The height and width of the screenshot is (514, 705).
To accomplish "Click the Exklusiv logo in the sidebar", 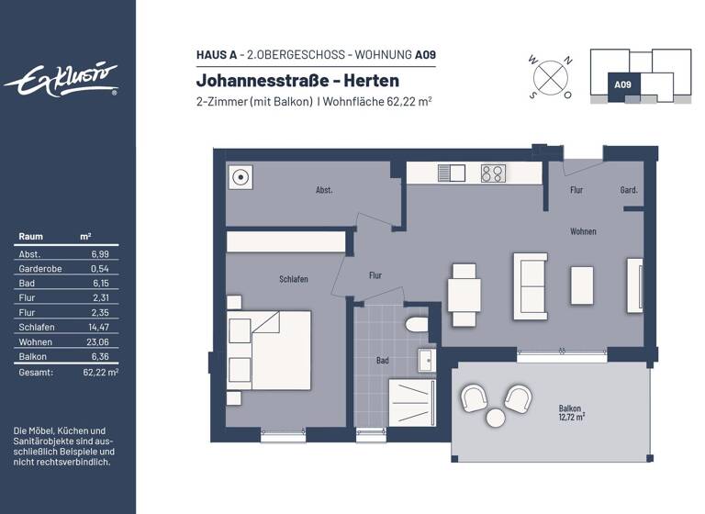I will [x=62, y=80].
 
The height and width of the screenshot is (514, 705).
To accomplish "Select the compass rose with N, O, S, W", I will [x=550, y=76].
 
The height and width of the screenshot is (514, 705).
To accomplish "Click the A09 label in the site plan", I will [x=622, y=84].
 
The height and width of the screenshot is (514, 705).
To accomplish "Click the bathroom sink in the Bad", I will [x=427, y=361].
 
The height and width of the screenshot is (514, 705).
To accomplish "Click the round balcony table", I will [x=496, y=418].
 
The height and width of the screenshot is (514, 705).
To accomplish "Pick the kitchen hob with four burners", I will [x=493, y=173].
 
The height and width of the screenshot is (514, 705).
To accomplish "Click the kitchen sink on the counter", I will [x=452, y=173].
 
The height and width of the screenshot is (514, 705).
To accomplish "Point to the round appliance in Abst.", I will [x=241, y=178].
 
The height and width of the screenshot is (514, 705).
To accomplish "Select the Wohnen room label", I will [x=583, y=232].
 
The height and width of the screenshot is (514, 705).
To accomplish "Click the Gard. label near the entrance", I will [x=629, y=191].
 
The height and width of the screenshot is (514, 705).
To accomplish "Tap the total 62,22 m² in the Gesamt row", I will [x=100, y=372].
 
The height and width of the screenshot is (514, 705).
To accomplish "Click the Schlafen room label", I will [x=294, y=279].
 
